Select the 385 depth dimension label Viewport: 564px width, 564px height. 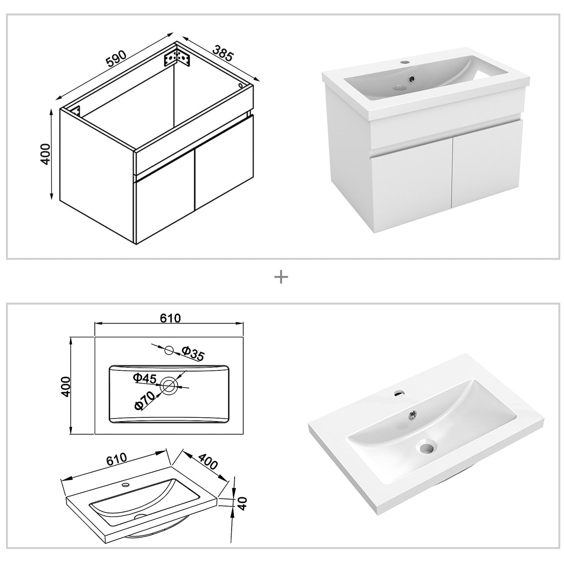click(x=223, y=53)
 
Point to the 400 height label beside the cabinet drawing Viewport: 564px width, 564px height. click(x=46, y=154)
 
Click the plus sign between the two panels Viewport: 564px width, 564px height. click(x=281, y=278)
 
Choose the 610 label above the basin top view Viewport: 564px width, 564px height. click(x=171, y=318)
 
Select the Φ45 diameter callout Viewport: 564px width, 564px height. click(x=144, y=378)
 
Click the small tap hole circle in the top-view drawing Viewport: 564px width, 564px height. click(x=169, y=350)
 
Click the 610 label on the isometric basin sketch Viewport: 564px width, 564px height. click(x=116, y=458)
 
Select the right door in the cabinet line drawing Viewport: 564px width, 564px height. click(x=222, y=162)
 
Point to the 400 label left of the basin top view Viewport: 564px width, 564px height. click(x=65, y=386)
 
